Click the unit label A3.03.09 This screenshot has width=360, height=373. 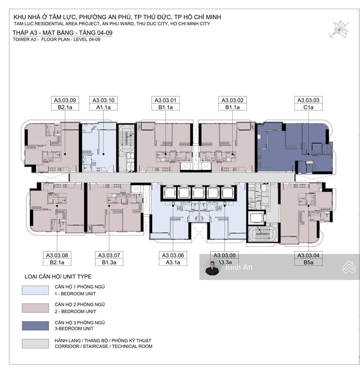[x=65, y=100]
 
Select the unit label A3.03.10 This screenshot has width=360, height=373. [x=103, y=100]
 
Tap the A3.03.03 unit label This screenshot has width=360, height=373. [x=308, y=100]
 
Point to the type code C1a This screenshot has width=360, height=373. [x=308, y=107]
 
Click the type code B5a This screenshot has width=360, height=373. [x=308, y=262]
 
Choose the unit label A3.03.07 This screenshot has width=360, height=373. [x=109, y=255]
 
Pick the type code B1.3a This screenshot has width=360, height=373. [x=109, y=262]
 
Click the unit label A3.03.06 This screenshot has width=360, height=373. [x=173, y=255]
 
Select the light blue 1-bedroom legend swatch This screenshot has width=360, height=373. [x=35, y=290]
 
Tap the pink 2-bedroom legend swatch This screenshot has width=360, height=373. [x=35, y=308]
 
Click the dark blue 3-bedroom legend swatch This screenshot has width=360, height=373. [x=35, y=326]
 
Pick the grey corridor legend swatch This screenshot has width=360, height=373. [x=35, y=343]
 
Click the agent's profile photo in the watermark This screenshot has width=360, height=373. [x=213, y=268]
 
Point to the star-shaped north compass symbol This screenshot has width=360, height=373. [x=339, y=29]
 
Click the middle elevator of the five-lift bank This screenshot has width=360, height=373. [x=198, y=193]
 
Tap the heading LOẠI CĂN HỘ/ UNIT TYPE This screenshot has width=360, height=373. [x=58, y=276]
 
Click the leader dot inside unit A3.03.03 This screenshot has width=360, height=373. [x=308, y=154]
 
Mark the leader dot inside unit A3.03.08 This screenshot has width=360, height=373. [x=57, y=206]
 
